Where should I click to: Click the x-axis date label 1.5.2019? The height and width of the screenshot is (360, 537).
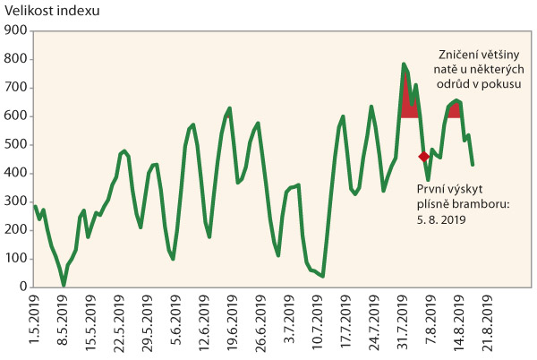(34, 323)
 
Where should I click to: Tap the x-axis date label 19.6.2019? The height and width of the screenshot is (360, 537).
(233, 325)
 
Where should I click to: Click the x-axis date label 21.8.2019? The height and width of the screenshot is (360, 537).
(488, 325)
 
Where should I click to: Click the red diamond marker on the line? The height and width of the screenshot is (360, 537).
(424, 156)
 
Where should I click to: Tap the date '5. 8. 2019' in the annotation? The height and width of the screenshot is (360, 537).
(441, 217)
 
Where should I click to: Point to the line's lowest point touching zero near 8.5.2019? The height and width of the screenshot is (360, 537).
(64, 286)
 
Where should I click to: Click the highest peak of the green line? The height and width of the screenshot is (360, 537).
(404, 64)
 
